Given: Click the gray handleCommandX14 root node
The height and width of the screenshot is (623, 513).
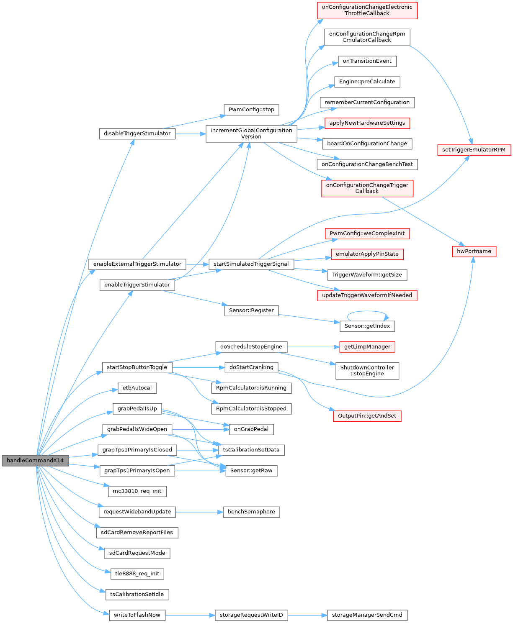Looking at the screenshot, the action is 35,461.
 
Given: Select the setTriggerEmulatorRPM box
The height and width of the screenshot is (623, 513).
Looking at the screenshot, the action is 474,150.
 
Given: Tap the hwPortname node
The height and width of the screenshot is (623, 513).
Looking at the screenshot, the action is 474,251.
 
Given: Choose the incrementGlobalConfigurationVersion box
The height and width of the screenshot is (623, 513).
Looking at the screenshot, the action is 251,133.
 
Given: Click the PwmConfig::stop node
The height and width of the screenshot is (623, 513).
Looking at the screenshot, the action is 251,110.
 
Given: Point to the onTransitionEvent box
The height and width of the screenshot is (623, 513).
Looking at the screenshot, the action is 367,61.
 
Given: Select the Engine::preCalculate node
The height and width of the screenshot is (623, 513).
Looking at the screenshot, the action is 367,82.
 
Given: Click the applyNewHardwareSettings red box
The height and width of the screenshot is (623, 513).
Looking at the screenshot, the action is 367,123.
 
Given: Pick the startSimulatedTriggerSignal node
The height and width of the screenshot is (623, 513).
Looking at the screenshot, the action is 251,264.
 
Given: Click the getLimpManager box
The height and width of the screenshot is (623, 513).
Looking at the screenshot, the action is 367,347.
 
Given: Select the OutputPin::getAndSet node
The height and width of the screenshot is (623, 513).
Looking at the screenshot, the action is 367,416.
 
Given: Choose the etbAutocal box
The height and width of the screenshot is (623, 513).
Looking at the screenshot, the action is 137,388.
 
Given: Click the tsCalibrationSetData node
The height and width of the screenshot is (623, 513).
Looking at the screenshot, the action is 251,450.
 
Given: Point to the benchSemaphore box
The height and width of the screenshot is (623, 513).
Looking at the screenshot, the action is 251,512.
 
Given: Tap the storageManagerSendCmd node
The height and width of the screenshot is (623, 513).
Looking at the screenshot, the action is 367,615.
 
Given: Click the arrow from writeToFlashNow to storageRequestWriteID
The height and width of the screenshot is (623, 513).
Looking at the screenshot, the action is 190,615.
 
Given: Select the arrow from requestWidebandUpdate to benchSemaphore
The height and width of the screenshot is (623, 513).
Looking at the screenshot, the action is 199,512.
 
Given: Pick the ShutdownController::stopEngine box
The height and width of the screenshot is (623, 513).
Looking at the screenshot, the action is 367,371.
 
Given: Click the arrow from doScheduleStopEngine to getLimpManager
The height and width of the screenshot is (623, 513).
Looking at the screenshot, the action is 313,347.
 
